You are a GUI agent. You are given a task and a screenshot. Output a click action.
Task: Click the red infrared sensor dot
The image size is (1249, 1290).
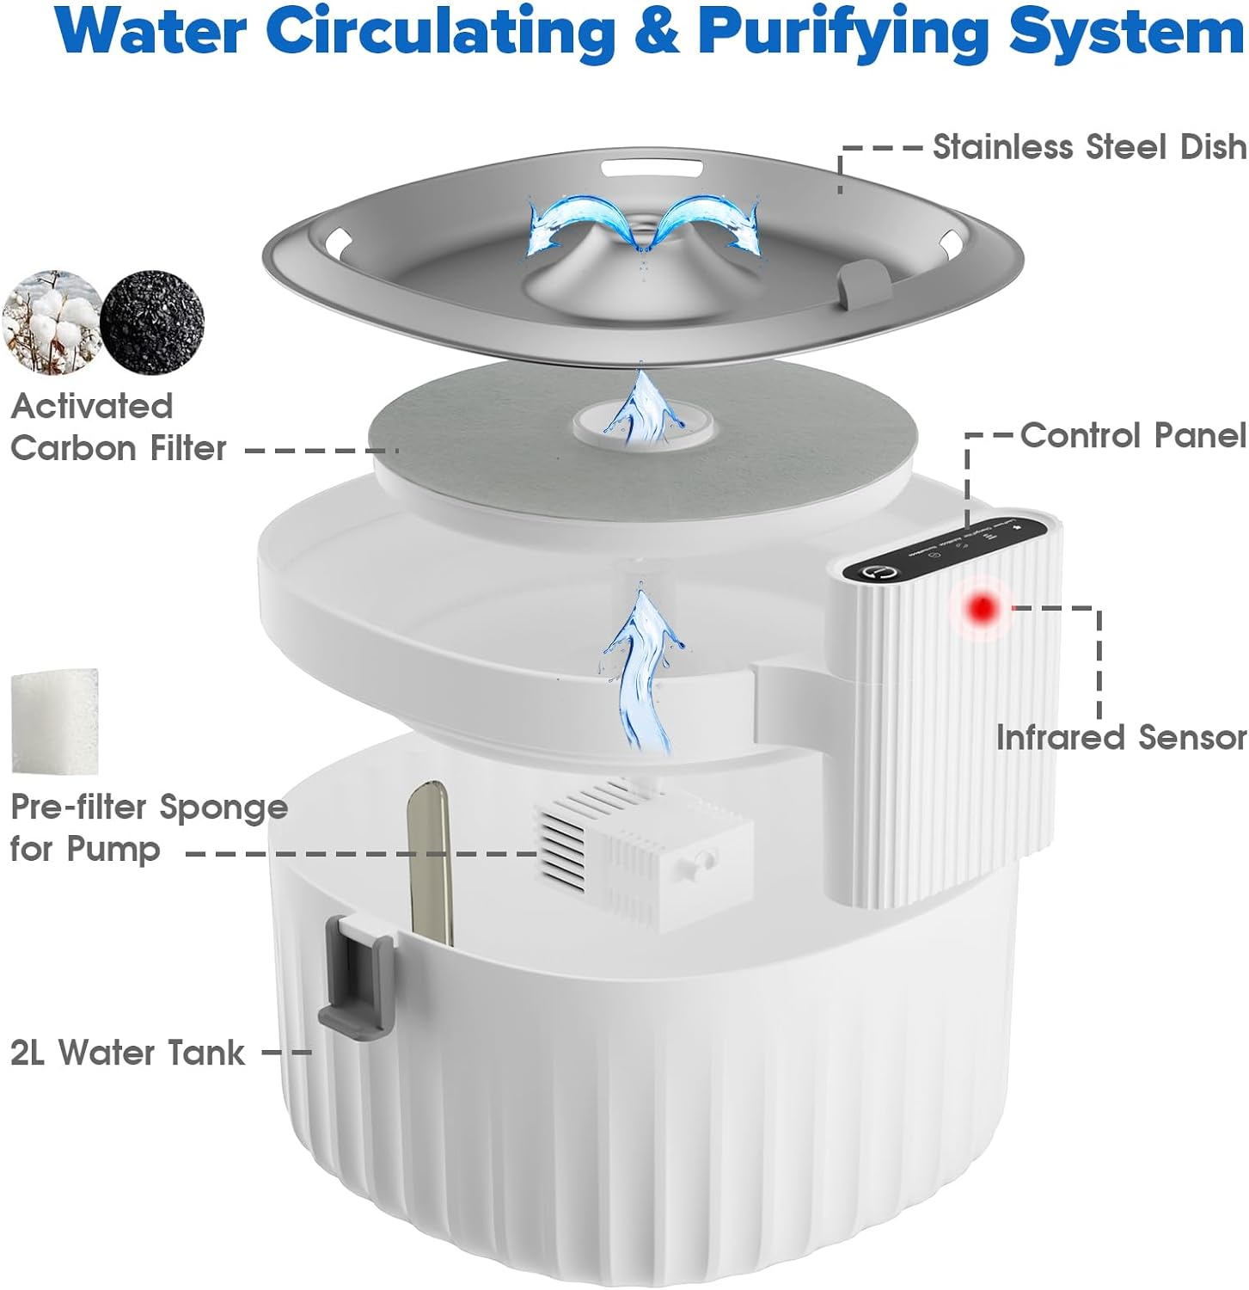(983, 609)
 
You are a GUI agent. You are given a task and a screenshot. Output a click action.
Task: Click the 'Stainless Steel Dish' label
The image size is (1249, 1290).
(1089, 147)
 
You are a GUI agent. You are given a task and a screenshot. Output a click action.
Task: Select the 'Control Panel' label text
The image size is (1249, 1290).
(1132, 435)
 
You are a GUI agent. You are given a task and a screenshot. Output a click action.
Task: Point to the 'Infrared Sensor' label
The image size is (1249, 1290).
(1121, 737)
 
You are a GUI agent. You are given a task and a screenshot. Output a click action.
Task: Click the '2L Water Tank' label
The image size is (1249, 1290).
(127, 1053)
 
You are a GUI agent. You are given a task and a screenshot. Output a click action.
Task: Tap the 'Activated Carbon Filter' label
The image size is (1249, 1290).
(118, 427)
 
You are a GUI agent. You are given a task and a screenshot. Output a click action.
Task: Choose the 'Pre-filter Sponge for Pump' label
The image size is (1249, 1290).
(148, 827)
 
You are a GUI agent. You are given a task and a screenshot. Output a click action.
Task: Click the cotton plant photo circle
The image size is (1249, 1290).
(52, 322)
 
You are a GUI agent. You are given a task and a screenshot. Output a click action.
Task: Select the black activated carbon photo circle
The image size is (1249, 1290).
(152, 322)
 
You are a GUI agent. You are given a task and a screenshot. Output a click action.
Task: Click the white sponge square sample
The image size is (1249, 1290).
(54, 721)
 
